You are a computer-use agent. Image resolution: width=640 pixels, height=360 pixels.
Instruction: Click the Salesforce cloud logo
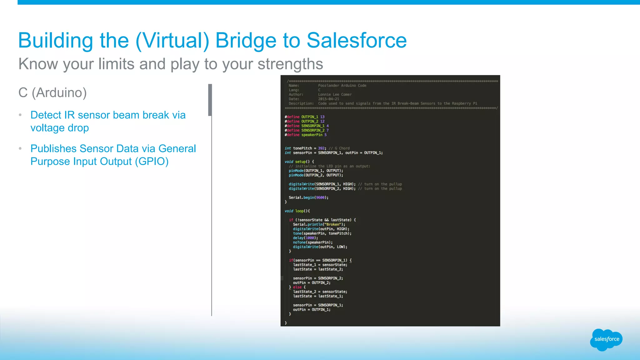(x=606, y=340)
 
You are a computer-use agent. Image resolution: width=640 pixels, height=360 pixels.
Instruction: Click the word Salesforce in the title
(x=357, y=41)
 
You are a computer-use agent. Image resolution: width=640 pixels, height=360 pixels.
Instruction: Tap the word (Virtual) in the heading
(x=172, y=41)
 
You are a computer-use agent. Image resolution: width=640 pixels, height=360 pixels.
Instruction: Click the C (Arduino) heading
(x=52, y=92)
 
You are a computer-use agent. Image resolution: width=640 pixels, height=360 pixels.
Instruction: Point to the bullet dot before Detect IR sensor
(x=20, y=115)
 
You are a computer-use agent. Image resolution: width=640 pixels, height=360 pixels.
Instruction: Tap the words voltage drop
(x=60, y=128)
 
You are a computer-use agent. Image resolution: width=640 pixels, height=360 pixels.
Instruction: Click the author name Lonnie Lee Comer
(x=335, y=94)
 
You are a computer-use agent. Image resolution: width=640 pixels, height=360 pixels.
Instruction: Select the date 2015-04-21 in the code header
(x=328, y=99)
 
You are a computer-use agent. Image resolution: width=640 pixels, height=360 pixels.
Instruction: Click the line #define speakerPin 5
(x=305, y=135)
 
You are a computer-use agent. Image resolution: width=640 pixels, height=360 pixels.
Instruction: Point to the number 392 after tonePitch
(x=321, y=148)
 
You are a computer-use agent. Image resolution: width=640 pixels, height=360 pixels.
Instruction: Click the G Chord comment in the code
(x=342, y=148)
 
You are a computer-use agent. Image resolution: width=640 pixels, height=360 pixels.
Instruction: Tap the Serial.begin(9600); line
(x=308, y=197)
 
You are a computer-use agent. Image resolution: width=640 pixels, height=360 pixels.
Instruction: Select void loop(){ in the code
(x=297, y=211)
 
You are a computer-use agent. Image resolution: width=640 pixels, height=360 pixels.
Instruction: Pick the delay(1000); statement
(x=305, y=238)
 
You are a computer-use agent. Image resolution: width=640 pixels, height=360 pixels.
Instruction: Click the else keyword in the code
(x=297, y=287)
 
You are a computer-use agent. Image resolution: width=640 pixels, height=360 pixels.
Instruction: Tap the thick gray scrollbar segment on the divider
(x=210, y=100)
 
